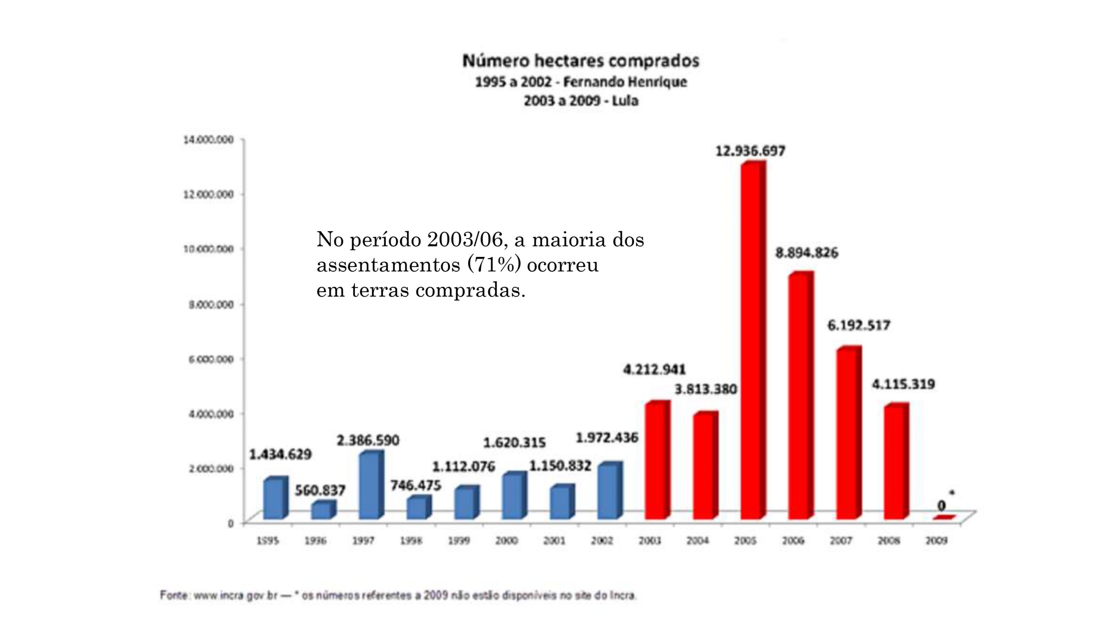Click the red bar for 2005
(752, 341)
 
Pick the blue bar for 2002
(608, 491)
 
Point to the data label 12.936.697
(750, 151)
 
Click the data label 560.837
(320, 490)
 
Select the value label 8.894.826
(806, 253)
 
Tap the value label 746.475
(416, 485)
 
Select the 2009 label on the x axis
(936, 541)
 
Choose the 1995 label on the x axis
(268, 541)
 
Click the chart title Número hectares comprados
(581, 61)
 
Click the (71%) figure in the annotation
(494, 265)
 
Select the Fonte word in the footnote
(174, 595)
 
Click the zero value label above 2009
(941, 506)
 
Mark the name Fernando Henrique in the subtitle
(625, 82)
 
